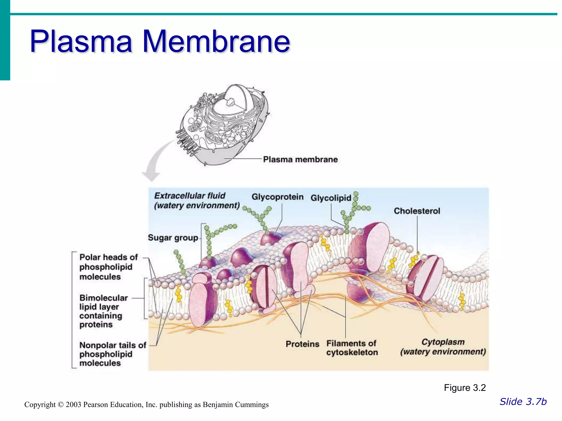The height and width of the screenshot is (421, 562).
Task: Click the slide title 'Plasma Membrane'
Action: (160, 41)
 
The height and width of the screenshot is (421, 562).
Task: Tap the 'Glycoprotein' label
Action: (277, 197)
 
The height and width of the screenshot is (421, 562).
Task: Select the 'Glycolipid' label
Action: (331, 198)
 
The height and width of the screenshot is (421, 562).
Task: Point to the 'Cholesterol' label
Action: (417, 211)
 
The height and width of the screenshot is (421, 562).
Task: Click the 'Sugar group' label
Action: (173, 238)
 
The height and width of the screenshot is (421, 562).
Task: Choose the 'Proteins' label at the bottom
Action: (302, 344)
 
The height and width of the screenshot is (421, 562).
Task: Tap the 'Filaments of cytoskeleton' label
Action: (352, 348)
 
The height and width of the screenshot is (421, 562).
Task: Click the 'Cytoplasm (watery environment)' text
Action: (443, 347)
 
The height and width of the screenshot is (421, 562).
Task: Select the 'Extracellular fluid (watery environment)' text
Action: (197, 201)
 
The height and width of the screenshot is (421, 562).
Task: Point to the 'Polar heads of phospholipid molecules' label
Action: (108, 267)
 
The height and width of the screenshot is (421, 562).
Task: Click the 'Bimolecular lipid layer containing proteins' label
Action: (103, 311)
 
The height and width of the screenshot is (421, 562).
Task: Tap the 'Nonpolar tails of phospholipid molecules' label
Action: (113, 354)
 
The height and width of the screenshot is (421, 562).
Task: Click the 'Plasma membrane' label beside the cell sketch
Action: (300, 160)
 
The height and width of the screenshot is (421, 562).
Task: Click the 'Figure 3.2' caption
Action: (465, 388)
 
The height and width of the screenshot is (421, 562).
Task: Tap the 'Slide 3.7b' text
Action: (523, 402)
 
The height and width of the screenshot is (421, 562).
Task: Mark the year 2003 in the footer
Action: (73, 405)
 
